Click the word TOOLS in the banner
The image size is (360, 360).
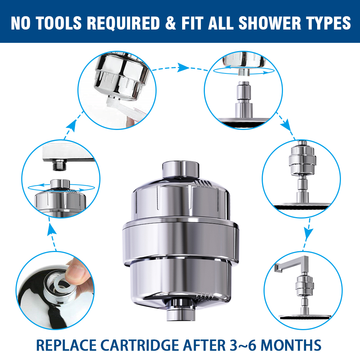(x=59, y=23)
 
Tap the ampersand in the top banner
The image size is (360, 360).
(x=170, y=23)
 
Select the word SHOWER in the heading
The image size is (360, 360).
(x=270, y=23)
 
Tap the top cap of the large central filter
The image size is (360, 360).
(x=181, y=170)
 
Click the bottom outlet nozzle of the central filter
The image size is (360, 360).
(x=181, y=310)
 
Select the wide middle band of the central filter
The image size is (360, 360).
(x=181, y=239)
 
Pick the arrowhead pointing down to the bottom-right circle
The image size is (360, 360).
(x=309, y=235)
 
